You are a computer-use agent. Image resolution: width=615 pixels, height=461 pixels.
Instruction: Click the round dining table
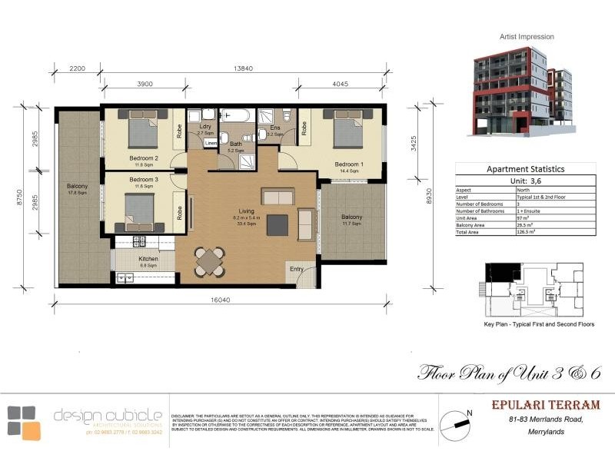209,261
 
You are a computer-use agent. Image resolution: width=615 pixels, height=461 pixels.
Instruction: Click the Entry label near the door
297,269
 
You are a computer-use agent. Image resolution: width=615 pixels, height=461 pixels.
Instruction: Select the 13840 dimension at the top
244,68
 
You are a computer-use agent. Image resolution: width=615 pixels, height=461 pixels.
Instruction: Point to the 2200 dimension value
76,68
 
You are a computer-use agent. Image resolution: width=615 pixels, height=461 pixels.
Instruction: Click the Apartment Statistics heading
526,169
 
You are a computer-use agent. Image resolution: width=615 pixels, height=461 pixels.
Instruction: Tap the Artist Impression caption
527,36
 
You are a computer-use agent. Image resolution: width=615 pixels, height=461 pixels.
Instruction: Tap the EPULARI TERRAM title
553,405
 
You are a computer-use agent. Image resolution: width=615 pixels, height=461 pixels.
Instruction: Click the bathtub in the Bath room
234,117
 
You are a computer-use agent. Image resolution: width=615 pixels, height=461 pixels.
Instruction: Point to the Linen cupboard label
211,143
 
